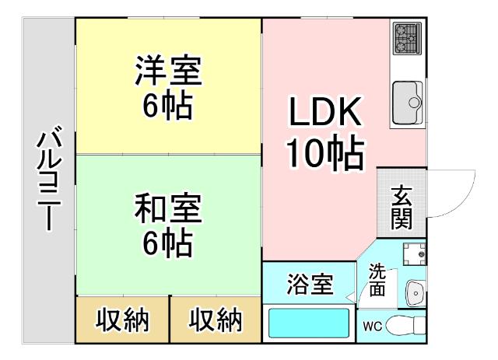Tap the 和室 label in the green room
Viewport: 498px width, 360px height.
click(167, 211)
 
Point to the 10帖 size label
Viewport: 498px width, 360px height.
click(325, 154)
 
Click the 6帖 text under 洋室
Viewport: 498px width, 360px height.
click(167, 107)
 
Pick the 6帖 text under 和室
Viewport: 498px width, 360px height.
click(167, 244)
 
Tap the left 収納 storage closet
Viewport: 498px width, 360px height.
click(121, 320)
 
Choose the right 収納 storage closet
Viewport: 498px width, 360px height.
click(216, 320)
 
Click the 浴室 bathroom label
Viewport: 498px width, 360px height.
click(310, 285)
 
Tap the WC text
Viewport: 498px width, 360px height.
click(370, 326)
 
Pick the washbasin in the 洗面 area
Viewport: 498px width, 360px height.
click(415, 292)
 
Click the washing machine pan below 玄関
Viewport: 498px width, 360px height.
click(412, 252)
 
